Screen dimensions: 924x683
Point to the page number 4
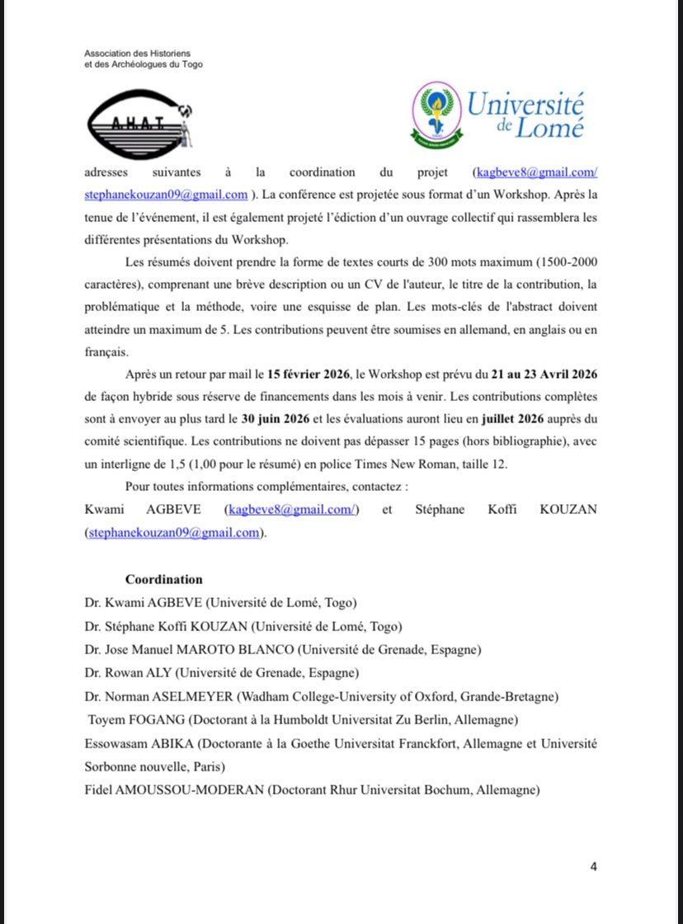[x=593, y=866]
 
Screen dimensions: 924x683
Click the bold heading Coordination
[x=163, y=579]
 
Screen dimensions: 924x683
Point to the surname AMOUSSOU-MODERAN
[x=193, y=790]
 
